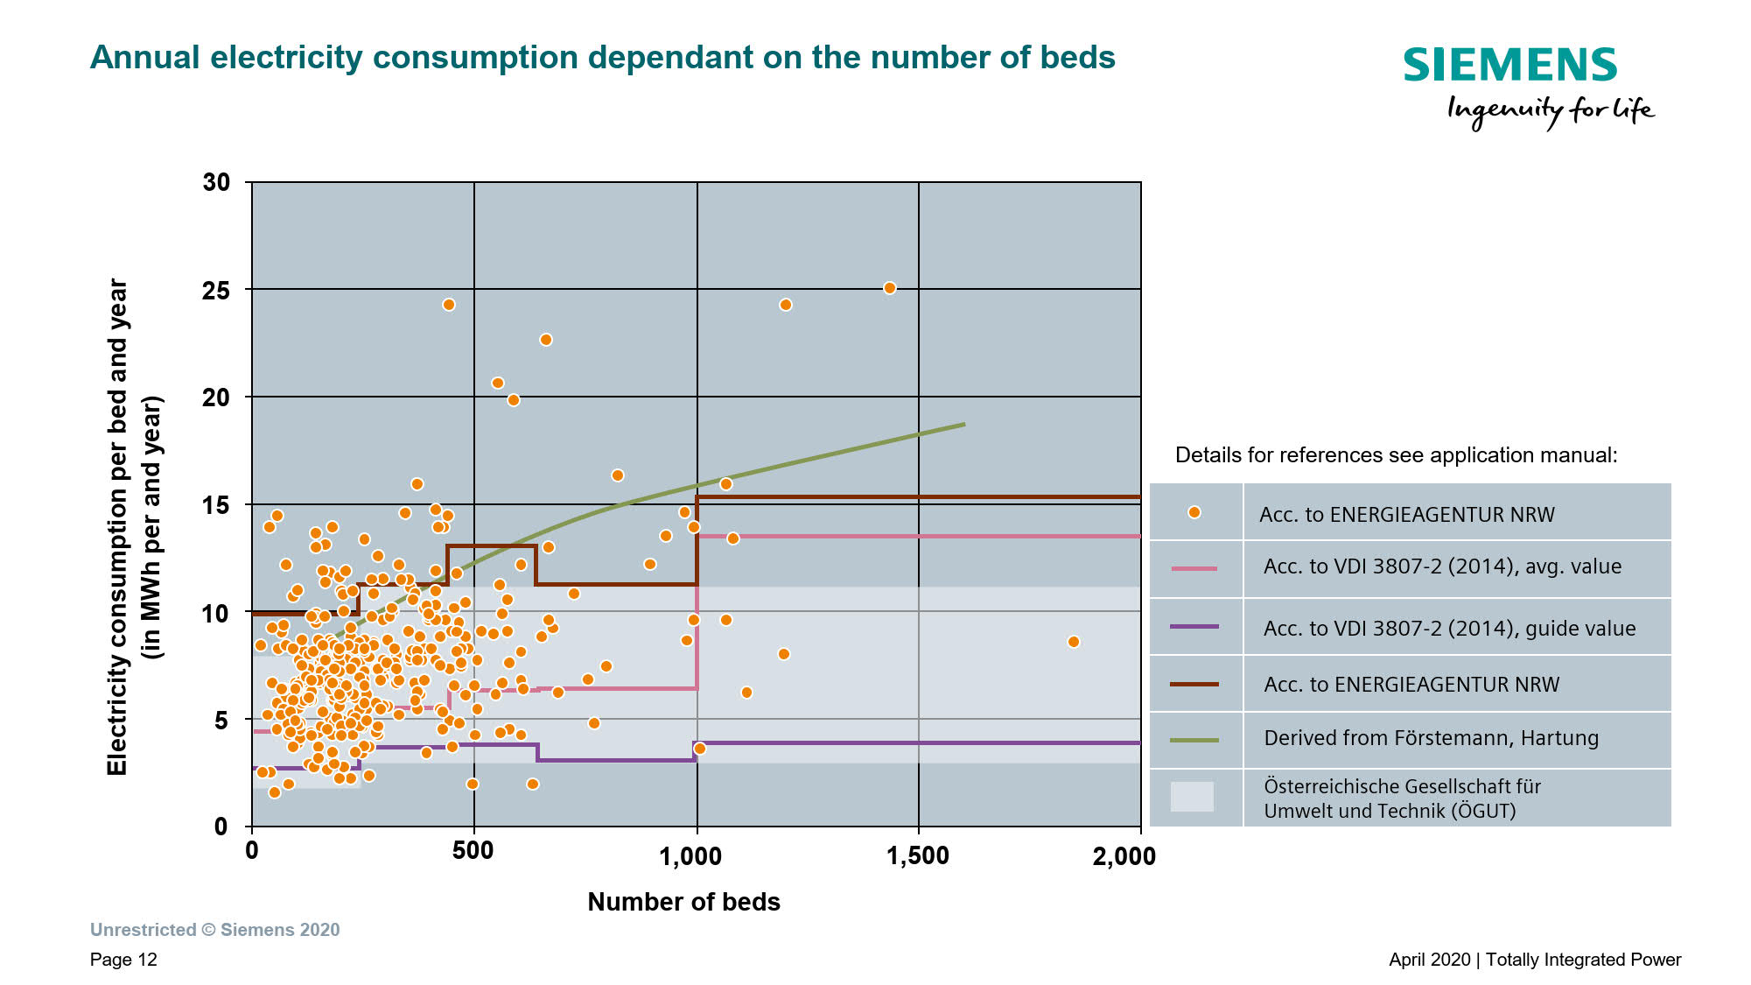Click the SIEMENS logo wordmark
click(1509, 66)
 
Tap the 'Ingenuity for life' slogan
click(1550, 112)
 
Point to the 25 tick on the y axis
click(216, 291)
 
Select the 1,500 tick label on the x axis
click(918, 855)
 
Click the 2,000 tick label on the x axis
click(1124, 856)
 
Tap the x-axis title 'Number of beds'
click(683, 902)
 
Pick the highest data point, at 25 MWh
click(889, 288)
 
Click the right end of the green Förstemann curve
click(963, 425)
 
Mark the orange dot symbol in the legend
click(1194, 512)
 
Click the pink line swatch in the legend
click(1194, 569)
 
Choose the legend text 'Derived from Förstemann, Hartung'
click(1431, 738)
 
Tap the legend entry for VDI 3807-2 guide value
click(1449, 628)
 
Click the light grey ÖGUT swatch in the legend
click(1192, 797)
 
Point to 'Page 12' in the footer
click(123, 960)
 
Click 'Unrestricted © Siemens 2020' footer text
click(214, 930)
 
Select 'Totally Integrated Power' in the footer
click(1583, 960)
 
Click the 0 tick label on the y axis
click(221, 827)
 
